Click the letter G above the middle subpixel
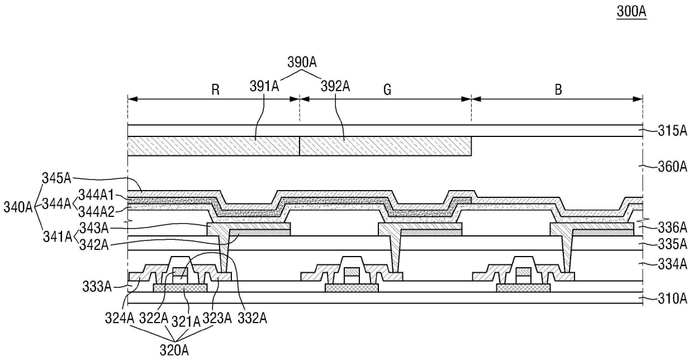click(386, 88)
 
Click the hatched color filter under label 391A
click(214, 146)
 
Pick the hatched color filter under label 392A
click(386, 146)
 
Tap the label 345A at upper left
click(56, 179)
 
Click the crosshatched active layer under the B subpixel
click(524, 287)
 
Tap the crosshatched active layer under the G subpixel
click(352, 287)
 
